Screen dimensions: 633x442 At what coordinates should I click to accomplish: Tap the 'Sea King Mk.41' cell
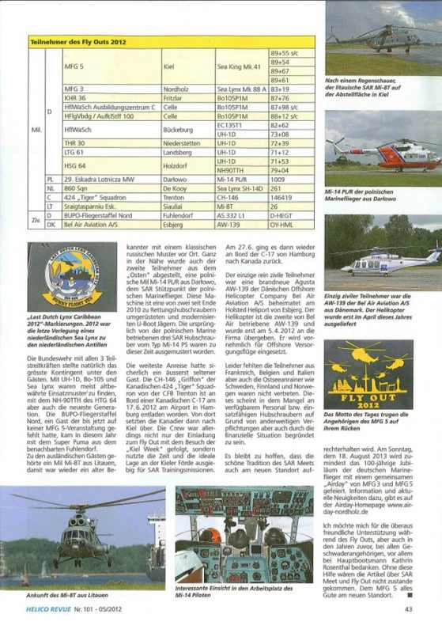(x=240, y=66)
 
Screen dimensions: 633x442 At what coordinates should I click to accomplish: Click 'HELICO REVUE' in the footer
(x=51, y=608)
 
